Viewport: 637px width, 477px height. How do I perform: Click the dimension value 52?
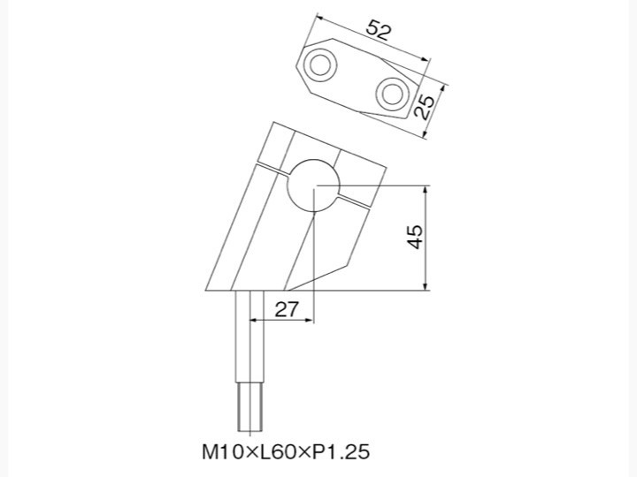[379, 30]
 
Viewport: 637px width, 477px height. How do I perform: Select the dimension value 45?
[415, 237]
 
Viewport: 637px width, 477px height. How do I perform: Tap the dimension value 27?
[287, 309]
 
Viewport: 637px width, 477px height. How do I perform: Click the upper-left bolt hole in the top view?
[320, 64]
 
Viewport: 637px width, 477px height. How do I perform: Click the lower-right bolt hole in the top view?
[393, 95]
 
